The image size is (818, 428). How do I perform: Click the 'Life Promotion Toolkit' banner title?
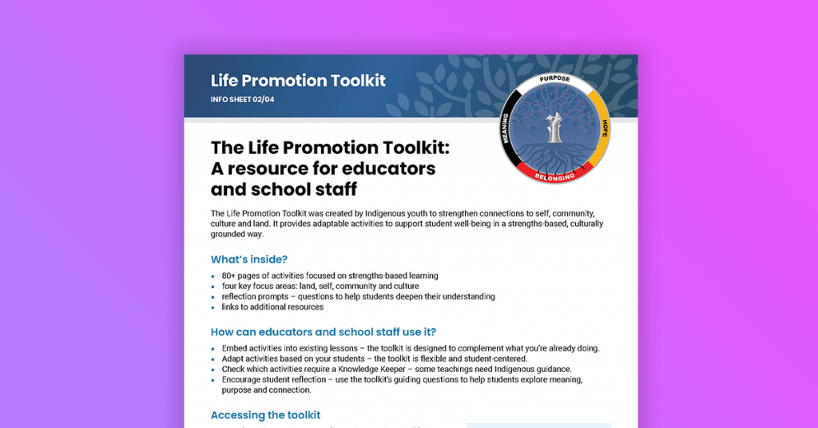(x=297, y=80)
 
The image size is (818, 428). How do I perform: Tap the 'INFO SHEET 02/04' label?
(x=242, y=100)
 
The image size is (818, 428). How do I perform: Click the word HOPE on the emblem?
(x=605, y=128)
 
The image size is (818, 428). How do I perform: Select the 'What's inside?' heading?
(x=248, y=260)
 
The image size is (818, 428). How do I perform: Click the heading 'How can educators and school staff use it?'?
(x=323, y=332)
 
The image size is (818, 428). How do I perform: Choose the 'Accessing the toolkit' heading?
(x=265, y=414)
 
